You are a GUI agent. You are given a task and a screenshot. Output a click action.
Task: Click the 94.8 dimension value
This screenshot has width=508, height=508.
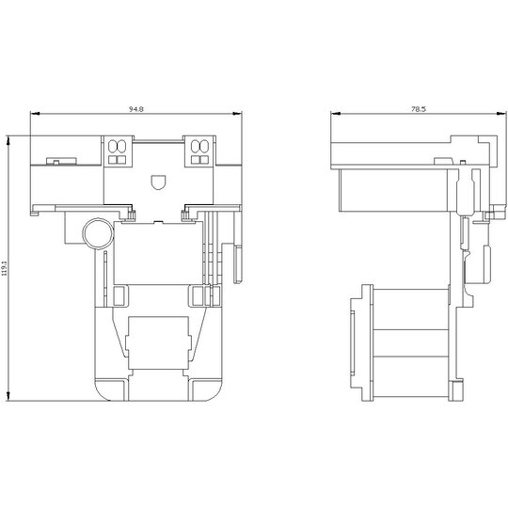(x=136, y=109)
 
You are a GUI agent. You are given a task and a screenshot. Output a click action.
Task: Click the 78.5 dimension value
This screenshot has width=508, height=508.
(x=419, y=109)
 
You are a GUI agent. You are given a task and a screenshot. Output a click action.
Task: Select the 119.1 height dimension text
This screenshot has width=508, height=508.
(x=5, y=268)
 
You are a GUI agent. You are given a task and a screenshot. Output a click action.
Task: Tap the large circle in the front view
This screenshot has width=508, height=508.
(x=98, y=233)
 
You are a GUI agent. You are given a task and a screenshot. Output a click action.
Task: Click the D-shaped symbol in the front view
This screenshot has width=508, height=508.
(x=159, y=182)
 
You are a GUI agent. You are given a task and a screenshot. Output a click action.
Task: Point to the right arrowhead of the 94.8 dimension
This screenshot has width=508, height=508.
(x=237, y=114)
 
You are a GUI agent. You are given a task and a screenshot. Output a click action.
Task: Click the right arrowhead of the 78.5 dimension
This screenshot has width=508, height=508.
(x=501, y=114)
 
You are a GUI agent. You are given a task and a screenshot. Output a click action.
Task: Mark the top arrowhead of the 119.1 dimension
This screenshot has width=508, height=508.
(x=8, y=140)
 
